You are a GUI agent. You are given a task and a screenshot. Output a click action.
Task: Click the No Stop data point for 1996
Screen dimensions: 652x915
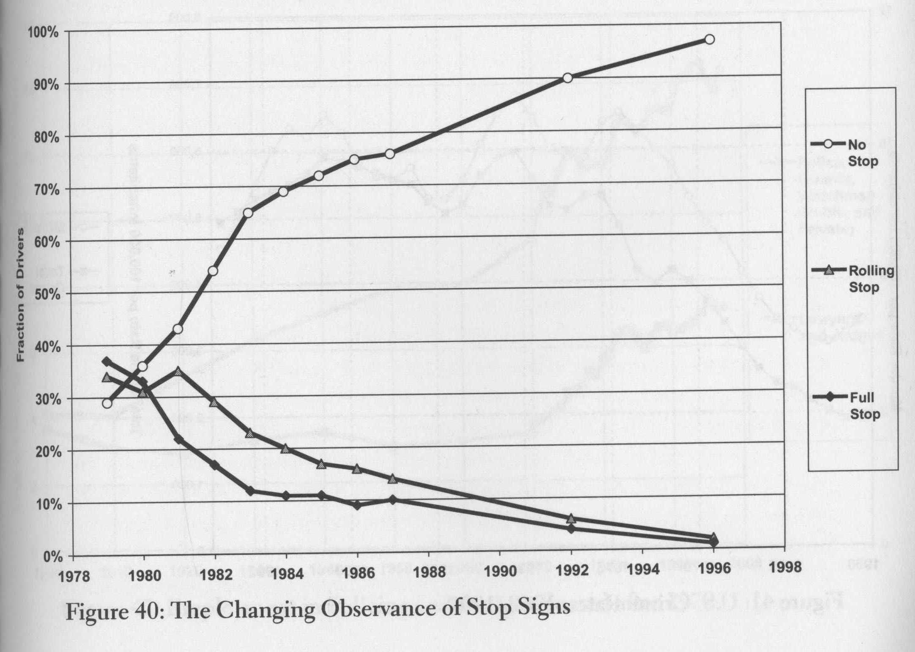(710, 39)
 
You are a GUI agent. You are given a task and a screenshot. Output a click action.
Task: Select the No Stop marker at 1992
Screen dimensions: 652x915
(567, 78)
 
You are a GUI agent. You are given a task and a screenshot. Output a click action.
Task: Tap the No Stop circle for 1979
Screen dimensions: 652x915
(107, 403)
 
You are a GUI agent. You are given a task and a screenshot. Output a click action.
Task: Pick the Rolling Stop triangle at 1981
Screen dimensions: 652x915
(178, 372)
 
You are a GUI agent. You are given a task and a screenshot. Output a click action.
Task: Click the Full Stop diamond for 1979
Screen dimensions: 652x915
(107, 362)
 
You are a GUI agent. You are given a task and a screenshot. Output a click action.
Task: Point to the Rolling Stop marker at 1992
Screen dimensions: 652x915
(571, 518)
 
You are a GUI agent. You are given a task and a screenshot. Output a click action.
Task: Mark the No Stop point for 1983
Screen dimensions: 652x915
(248, 213)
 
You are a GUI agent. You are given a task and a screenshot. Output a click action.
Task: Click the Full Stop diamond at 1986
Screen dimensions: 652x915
(357, 505)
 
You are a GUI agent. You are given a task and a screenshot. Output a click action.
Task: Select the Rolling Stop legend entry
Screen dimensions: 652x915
(852, 278)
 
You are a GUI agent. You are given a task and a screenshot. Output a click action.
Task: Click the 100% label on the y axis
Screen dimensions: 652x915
(44, 33)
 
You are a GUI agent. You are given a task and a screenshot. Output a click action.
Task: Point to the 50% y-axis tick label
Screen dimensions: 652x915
(47, 294)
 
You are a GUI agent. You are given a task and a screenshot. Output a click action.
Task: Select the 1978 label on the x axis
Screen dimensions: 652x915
(74, 576)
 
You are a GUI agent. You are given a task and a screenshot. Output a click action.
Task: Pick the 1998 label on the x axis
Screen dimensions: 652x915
(785, 567)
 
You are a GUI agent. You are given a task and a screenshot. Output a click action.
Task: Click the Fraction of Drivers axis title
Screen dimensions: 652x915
(20, 294)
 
